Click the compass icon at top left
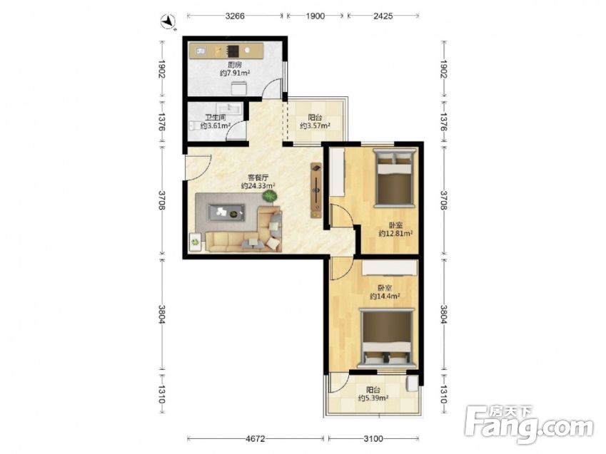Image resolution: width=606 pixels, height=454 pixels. pyautogui.click(x=168, y=21)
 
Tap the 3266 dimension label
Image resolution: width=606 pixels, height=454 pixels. pyautogui.click(x=235, y=16)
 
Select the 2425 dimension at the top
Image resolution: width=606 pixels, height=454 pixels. pyautogui.click(x=383, y=16)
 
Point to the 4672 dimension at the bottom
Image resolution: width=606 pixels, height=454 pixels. pyautogui.click(x=255, y=438)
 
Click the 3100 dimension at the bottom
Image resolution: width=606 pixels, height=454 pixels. pyautogui.click(x=373, y=438)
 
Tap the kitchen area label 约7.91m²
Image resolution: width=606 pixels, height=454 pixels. pyautogui.click(x=235, y=73)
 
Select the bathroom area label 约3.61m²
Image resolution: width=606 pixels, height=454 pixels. pyautogui.click(x=216, y=125)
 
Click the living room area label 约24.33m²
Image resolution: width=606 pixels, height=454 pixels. pyautogui.click(x=258, y=186)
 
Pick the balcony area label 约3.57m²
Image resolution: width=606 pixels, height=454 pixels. pyautogui.click(x=315, y=125)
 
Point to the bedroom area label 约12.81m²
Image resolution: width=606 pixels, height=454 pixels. pyautogui.click(x=395, y=233)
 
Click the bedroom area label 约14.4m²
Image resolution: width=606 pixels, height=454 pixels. pyautogui.click(x=385, y=296)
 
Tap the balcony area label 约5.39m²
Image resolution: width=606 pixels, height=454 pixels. pyautogui.click(x=373, y=398)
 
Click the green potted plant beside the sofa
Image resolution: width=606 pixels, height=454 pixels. pyautogui.click(x=270, y=197)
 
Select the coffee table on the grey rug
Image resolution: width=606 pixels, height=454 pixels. pyautogui.click(x=226, y=212)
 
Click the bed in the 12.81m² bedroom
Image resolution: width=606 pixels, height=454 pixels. pyautogui.click(x=394, y=177)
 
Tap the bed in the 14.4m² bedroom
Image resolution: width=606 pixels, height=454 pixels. pyautogui.click(x=387, y=337)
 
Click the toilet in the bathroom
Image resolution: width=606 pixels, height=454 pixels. pyautogui.click(x=193, y=125)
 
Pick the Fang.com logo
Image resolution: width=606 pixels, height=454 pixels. pyautogui.click(x=530, y=424)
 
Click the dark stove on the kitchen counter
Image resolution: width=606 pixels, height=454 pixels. pyautogui.click(x=233, y=51)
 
